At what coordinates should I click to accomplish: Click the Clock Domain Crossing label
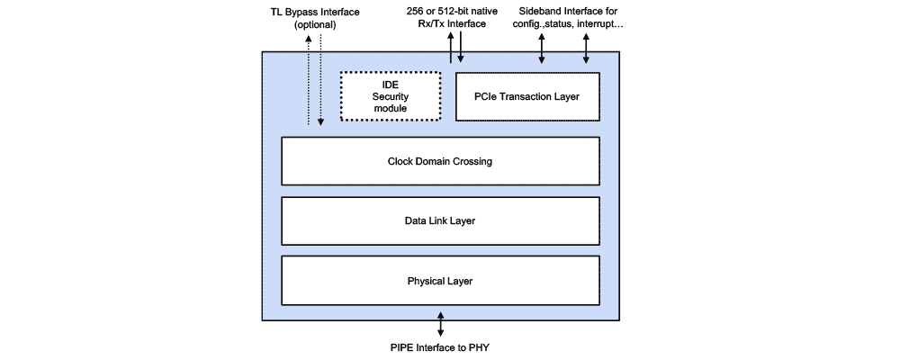click(440, 162)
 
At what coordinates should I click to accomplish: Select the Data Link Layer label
click(440, 220)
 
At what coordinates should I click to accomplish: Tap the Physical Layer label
click(440, 281)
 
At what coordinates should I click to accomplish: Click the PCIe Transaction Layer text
click(527, 96)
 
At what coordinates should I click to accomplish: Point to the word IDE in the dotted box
click(391, 84)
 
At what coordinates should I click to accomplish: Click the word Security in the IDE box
click(391, 96)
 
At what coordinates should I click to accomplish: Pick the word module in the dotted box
click(391, 109)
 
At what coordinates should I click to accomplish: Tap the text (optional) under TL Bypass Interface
click(315, 24)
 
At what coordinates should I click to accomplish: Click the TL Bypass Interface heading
click(315, 11)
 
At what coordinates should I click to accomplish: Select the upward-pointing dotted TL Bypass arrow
click(308, 81)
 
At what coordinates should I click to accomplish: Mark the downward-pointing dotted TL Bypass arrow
click(320, 81)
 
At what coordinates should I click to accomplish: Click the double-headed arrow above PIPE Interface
click(440, 322)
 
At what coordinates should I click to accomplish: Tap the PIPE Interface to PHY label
click(440, 346)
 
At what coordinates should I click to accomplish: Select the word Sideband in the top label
click(541, 11)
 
